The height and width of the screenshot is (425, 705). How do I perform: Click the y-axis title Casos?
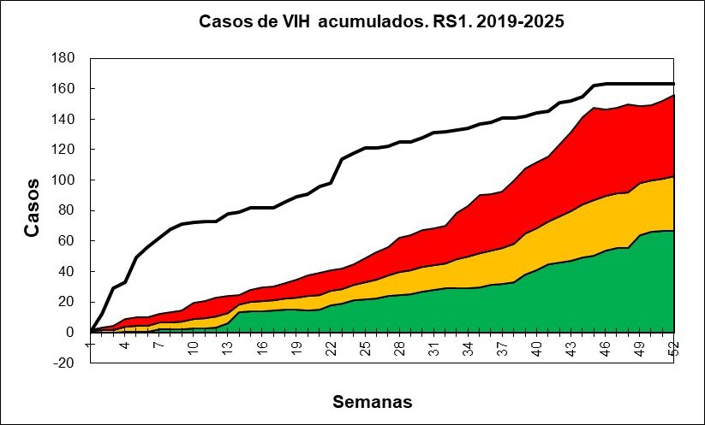(32, 207)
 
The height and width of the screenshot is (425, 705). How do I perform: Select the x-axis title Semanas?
(373, 401)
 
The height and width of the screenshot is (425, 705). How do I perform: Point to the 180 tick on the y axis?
(64, 58)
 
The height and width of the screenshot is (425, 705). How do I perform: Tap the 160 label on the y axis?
(64, 88)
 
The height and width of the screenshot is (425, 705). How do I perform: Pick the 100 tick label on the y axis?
(64, 180)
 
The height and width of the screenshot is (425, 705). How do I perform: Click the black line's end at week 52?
(674, 84)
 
